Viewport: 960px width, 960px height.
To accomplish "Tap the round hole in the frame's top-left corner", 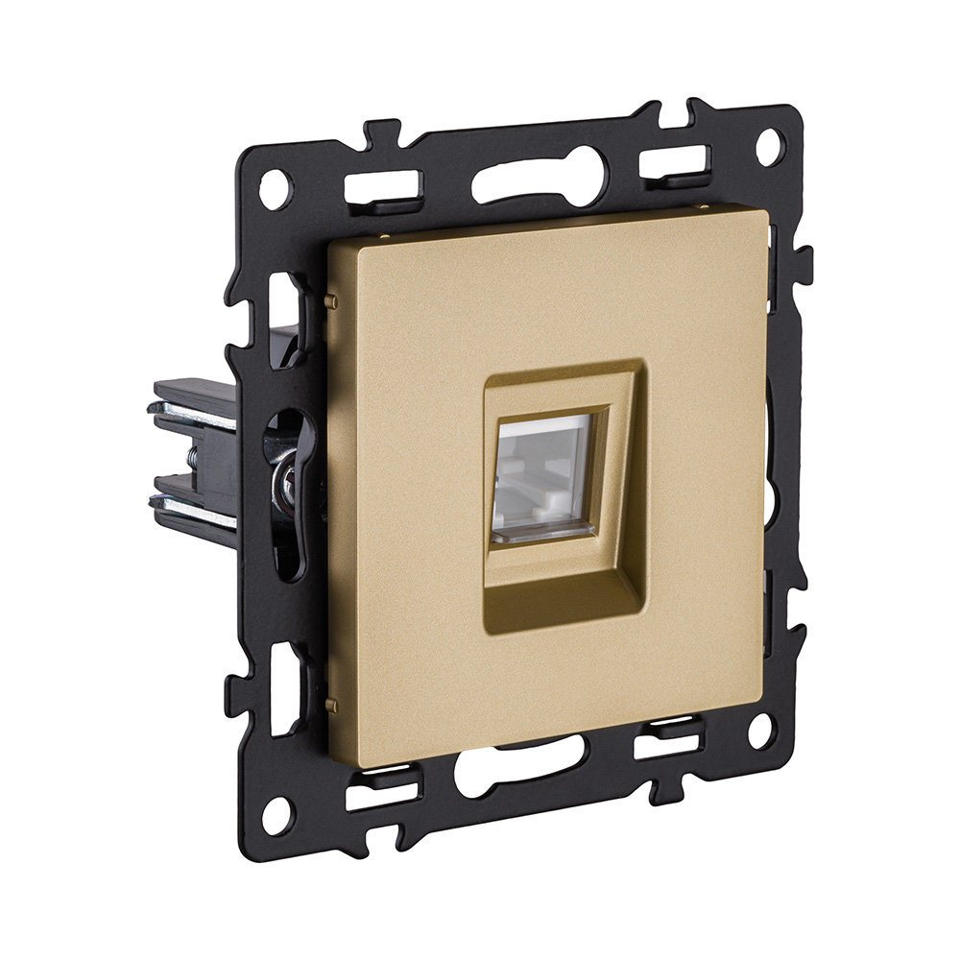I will [x=275, y=188].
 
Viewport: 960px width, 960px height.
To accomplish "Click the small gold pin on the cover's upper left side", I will [x=332, y=301].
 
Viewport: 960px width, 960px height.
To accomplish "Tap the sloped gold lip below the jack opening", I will [x=554, y=582].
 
